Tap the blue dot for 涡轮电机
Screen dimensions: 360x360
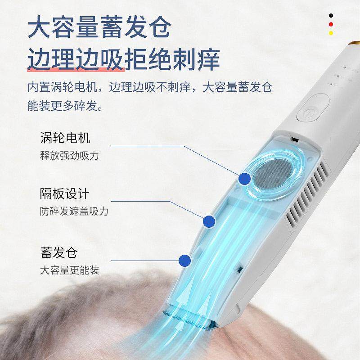coord(244,179)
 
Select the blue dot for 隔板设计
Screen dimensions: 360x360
coord(208,221)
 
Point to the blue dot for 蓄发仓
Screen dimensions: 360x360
coord(184,260)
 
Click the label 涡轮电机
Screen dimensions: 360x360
coord(65,138)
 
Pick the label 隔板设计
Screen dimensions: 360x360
coord(65,194)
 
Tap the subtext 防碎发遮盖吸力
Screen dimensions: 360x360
coord(74,211)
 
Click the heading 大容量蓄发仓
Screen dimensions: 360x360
coord(99,28)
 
